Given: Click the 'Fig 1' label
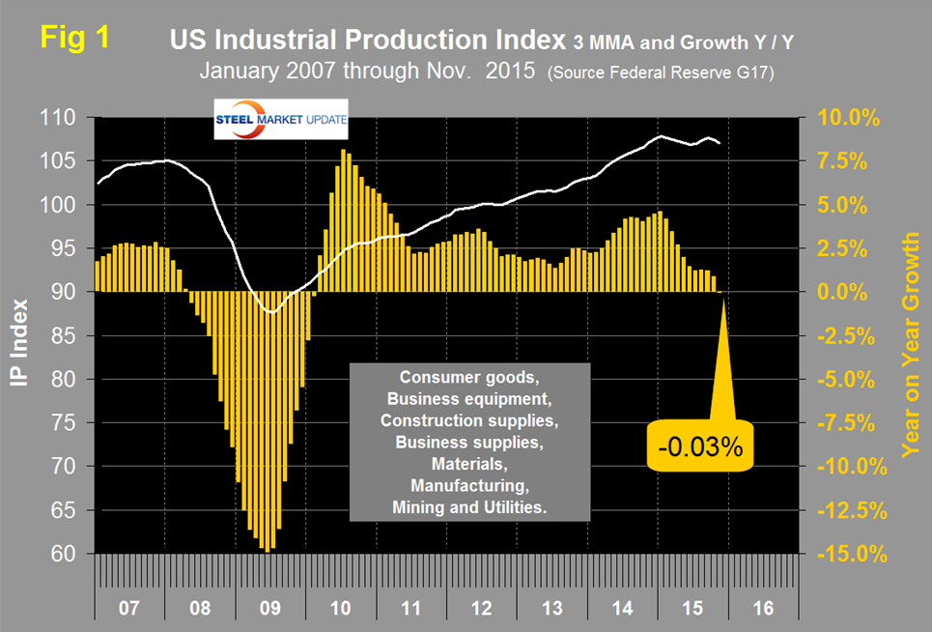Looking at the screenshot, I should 74,40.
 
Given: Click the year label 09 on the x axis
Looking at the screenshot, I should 270,611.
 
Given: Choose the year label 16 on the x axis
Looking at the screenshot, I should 763,611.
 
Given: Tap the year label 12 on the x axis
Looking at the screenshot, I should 482,611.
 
